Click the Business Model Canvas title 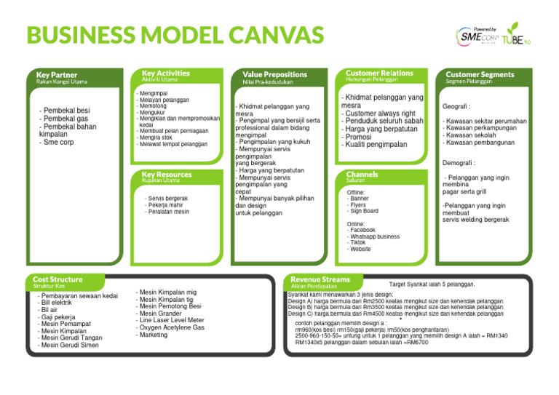175,35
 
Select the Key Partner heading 57,74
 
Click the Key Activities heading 165,73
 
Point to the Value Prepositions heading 274,74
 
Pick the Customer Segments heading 480,74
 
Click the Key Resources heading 167,175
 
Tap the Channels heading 362,175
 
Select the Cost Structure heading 58,279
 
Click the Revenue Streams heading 320,279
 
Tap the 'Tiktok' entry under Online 357,242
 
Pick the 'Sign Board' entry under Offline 363,212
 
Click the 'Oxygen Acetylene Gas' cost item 171,327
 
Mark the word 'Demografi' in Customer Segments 459,163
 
